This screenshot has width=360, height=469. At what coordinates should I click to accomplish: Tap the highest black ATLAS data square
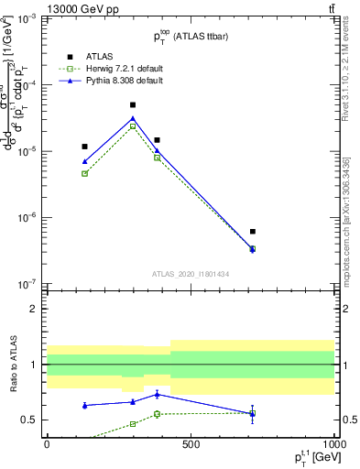click(x=133, y=105)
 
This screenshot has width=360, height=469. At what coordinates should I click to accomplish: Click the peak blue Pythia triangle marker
click(x=133, y=118)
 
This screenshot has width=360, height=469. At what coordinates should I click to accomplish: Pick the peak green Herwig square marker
click(x=133, y=126)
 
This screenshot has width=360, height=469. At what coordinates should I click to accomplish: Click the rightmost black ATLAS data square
click(x=253, y=232)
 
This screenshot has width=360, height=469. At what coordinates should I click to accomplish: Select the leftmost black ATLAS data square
click(x=85, y=147)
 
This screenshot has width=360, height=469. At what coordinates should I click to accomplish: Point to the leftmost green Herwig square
click(x=85, y=173)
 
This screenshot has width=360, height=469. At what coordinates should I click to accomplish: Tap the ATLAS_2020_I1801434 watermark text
click(x=191, y=274)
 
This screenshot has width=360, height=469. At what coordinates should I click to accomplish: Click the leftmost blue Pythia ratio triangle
click(x=85, y=405)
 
